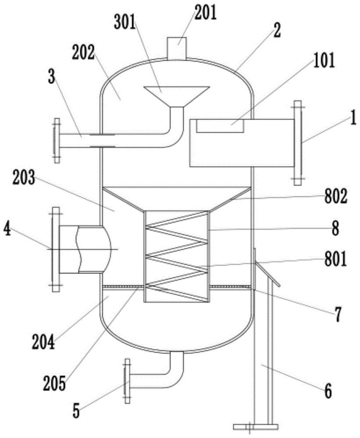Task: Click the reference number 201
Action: click(x=206, y=14)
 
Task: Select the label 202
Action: click(x=83, y=53)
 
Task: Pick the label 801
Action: click(x=336, y=259)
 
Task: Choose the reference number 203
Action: click(x=24, y=178)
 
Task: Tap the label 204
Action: click(x=43, y=343)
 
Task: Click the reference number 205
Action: click(x=54, y=384)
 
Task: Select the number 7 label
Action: click(x=338, y=315)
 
